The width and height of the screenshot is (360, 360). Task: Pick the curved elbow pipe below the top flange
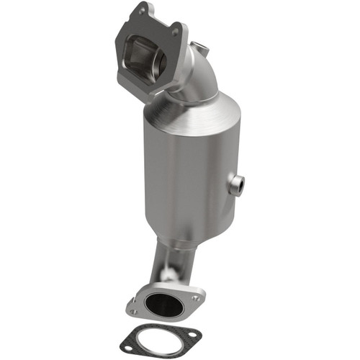[194, 76]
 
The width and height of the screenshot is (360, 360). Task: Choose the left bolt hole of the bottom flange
[134, 311]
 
